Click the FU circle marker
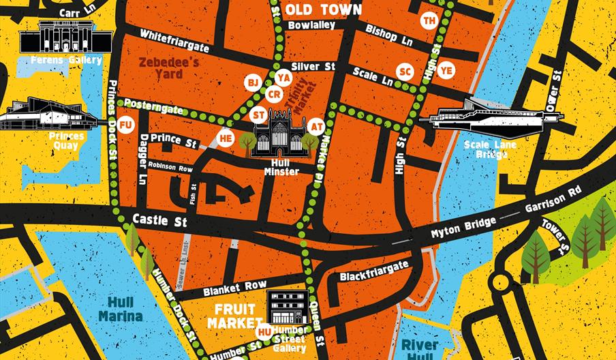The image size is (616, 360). [x=125, y=125]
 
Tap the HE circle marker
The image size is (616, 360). [x=226, y=138]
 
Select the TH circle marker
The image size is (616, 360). [x=429, y=20]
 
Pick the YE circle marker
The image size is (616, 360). [x=446, y=70]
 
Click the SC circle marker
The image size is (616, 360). [x=405, y=72]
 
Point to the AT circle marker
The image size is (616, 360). [x=315, y=126]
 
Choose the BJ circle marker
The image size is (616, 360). [x=253, y=82]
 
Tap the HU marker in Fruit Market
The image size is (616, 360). [x=265, y=332]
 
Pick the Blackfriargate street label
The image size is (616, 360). [x=373, y=269]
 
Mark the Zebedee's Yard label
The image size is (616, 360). [x=168, y=67]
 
